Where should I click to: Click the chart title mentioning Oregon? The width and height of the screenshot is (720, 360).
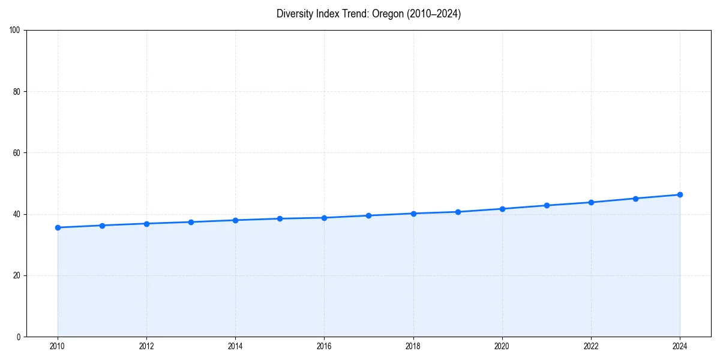(x=368, y=14)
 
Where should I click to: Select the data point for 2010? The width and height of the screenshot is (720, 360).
(x=58, y=227)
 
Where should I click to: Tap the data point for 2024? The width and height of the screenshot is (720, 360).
(x=680, y=194)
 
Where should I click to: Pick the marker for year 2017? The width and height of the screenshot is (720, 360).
(x=368, y=215)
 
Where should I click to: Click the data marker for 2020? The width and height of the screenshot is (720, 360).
(x=502, y=209)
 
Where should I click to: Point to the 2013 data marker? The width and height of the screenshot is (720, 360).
(x=191, y=222)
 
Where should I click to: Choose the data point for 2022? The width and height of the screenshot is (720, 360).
(x=591, y=202)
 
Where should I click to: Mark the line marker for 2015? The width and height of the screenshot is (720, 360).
(x=280, y=218)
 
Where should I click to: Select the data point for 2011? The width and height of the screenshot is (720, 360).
(x=102, y=226)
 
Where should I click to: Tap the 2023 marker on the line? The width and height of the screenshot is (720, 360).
(x=635, y=199)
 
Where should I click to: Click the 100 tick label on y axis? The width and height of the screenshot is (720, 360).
(x=15, y=30)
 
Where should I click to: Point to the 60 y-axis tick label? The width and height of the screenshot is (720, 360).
(x=17, y=153)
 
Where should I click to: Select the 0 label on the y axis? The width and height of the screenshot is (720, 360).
(x=19, y=337)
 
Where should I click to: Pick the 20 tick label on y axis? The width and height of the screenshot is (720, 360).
(x=17, y=275)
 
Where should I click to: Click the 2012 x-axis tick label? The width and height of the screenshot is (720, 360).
(x=146, y=346)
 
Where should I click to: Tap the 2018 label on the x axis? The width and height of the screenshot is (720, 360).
(x=413, y=346)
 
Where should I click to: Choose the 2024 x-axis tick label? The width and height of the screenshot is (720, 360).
(x=680, y=346)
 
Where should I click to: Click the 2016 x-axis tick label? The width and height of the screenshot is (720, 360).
(x=324, y=346)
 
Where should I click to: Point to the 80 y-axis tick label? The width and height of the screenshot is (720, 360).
(x=17, y=92)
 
